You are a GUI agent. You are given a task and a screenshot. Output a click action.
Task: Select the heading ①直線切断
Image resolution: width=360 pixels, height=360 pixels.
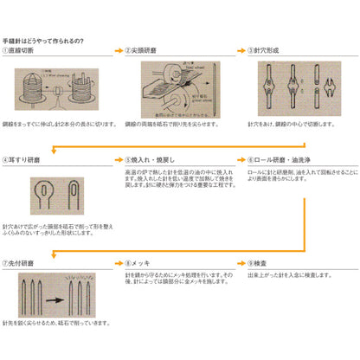[x=25, y=52]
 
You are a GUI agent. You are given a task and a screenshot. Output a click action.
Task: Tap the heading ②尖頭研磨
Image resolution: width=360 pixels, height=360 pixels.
[x=145, y=52]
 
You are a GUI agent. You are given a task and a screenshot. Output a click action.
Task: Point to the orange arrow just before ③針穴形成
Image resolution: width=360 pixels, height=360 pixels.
[x=240, y=52]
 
